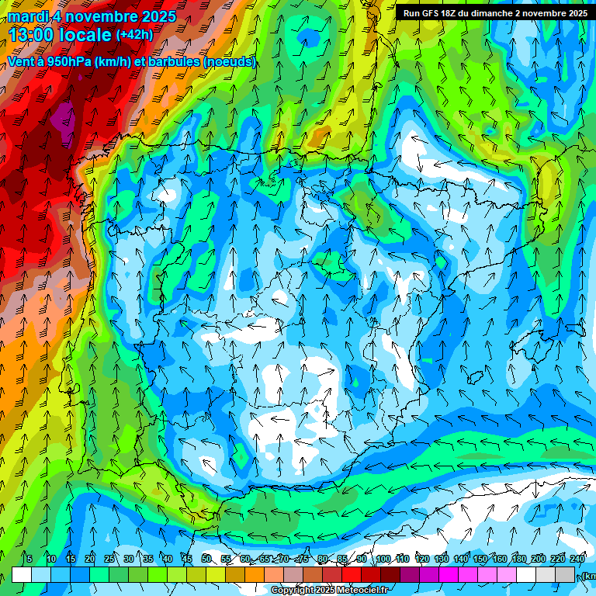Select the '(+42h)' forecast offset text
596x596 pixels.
(x=134, y=35)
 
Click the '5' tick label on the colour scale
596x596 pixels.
(x=29, y=559)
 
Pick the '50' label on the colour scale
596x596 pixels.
(x=206, y=559)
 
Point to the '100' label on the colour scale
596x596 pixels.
(x=383, y=559)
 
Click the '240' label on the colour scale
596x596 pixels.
(x=577, y=559)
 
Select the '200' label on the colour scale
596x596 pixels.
(x=539, y=559)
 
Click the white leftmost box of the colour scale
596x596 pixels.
(x=22, y=574)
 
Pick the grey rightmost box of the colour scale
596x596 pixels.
(x=566, y=574)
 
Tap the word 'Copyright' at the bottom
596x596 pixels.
(x=293, y=591)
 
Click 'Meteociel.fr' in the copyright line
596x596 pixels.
(x=362, y=591)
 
